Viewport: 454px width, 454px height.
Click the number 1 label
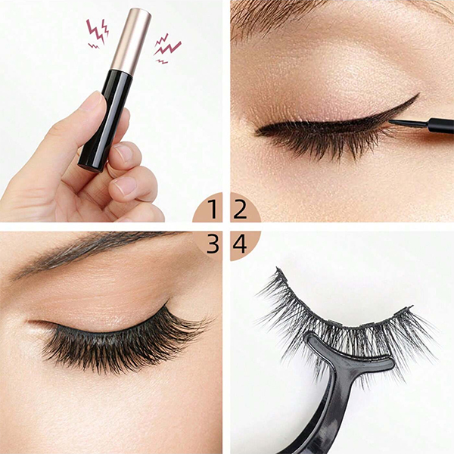tap(213, 208)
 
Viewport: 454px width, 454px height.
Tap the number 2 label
tap(241, 208)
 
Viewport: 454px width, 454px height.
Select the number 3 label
tap(213, 244)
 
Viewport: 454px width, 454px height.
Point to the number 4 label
tap(241, 244)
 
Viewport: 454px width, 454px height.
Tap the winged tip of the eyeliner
tap(412, 98)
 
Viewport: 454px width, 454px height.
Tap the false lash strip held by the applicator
tap(340, 318)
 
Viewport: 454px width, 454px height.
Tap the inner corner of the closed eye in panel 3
tap(34, 324)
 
